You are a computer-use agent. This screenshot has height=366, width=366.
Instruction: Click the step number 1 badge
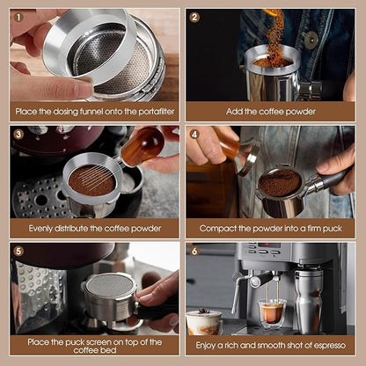coord(18,17)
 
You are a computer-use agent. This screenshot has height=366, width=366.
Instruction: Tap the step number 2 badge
coord(194,17)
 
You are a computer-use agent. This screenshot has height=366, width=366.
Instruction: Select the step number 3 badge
coord(18,135)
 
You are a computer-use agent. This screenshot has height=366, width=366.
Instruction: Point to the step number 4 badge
coord(194,135)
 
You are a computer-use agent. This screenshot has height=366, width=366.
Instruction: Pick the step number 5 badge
coord(18,251)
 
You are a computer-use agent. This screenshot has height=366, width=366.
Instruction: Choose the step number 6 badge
coord(194,251)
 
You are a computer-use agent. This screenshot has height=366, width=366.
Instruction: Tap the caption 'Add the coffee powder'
coord(270,112)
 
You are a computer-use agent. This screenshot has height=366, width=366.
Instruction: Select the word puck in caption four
coord(328,229)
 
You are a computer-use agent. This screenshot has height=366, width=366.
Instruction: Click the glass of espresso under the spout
coord(272,312)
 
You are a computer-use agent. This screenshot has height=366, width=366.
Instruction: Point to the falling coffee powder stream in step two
coord(276,35)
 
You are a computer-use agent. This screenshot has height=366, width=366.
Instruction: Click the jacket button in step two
coord(311,39)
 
